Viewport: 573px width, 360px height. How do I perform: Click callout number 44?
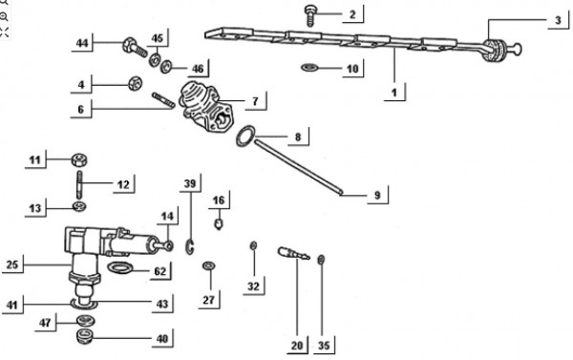[83, 44]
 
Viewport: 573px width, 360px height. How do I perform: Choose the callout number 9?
[377, 196]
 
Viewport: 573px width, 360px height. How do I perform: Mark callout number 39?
[190, 183]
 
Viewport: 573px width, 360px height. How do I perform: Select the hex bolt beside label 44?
[132, 44]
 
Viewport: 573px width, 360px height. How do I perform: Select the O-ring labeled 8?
[244, 138]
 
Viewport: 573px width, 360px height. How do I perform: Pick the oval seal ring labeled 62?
[121, 268]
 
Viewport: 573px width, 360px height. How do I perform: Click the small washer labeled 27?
[208, 264]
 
